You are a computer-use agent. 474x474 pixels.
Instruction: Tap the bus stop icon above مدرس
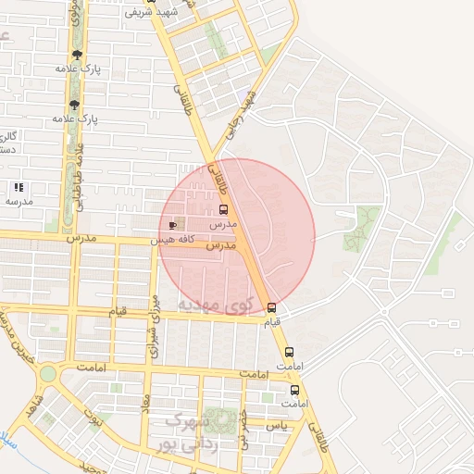[x=223, y=210]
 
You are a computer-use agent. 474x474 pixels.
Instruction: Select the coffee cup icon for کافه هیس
[x=172, y=225]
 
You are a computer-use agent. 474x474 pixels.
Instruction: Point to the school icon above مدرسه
[x=19, y=187]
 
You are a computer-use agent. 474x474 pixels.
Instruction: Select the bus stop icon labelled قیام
[x=271, y=307]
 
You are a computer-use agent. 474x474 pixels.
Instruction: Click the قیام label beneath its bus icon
[x=272, y=322]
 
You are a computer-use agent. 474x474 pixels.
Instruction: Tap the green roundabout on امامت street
[x=47, y=373]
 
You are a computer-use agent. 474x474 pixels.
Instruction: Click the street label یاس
[x=276, y=425]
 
